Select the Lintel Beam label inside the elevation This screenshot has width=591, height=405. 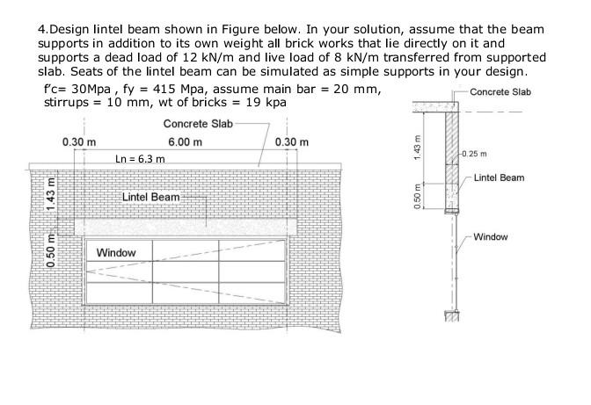(151, 196)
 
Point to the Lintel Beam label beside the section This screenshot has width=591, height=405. (499, 178)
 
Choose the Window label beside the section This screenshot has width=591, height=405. (490, 237)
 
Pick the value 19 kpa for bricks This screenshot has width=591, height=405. (266, 103)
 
